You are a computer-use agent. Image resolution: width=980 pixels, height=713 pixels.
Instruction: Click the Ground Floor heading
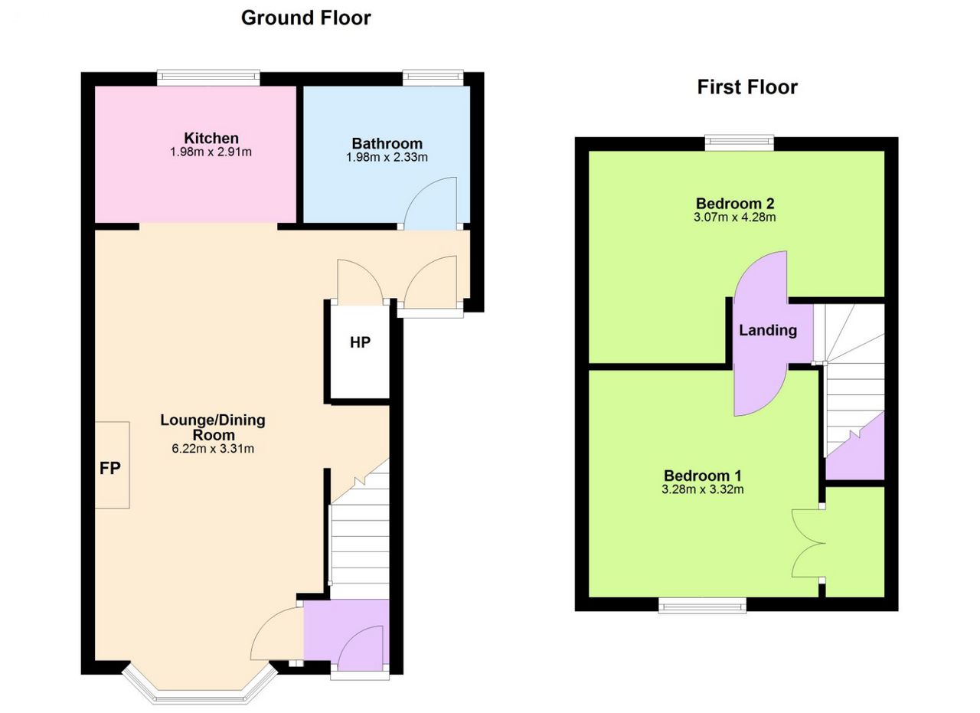[x=305, y=18]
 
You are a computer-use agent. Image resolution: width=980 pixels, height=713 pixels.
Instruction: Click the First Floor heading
[x=747, y=87]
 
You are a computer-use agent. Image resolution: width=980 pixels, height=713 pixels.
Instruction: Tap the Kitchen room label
[x=211, y=138]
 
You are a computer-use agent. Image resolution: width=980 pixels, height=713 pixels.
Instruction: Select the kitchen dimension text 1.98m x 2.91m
[x=211, y=152]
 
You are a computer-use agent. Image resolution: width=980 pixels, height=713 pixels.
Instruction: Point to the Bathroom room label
[x=387, y=143]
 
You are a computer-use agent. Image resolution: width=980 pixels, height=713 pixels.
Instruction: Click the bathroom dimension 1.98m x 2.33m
[x=387, y=157]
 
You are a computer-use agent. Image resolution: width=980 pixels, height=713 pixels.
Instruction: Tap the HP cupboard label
[x=360, y=342]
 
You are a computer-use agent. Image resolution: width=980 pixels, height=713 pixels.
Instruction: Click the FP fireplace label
[x=109, y=469]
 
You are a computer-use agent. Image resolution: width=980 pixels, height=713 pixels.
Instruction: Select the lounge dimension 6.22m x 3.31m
[x=213, y=449]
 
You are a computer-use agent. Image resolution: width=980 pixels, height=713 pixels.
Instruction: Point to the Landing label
[x=768, y=330]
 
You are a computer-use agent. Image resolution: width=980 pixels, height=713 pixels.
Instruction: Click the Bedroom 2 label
[x=735, y=203]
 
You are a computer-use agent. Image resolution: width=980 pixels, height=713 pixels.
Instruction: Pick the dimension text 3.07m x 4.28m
[x=734, y=217]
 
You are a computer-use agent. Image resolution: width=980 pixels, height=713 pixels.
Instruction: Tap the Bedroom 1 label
[x=703, y=476]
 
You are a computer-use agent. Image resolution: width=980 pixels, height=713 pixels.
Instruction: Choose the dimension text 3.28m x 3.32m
[x=703, y=489]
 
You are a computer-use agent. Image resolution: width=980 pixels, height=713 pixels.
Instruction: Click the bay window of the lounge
[x=200, y=688]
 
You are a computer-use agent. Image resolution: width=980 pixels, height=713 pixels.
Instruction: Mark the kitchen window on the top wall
[x=208, y=78]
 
